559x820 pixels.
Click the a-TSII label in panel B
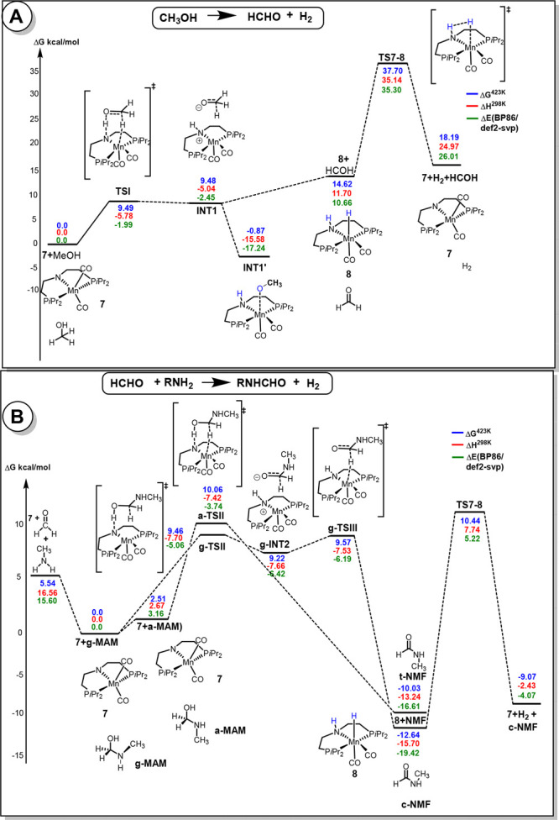click(212, 526)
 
